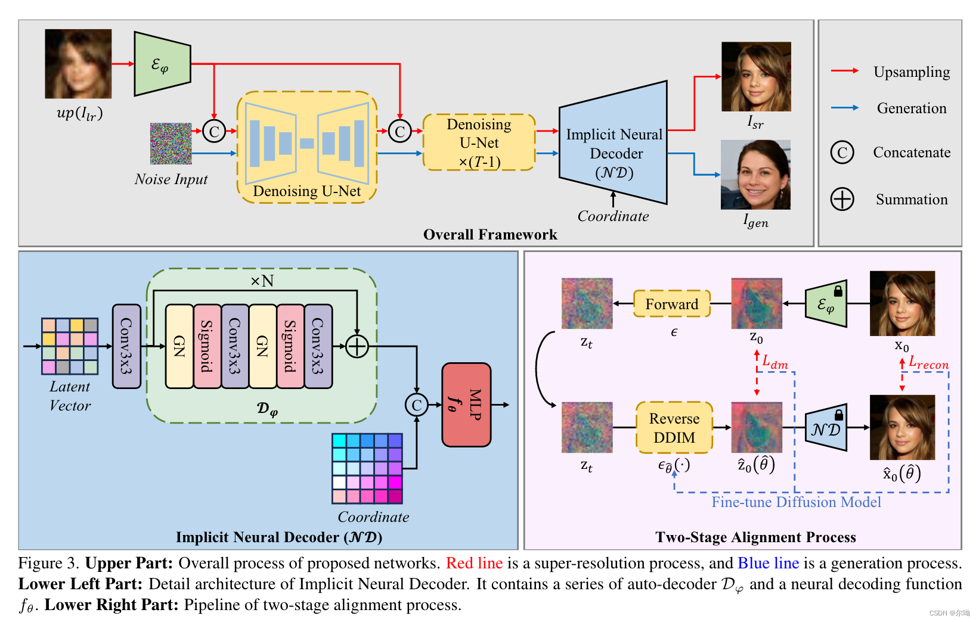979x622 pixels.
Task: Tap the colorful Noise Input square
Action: click(x=171, y=144)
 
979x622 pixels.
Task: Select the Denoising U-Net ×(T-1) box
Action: click(x=479, y=143)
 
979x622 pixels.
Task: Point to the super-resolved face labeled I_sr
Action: click(x=756, y=76)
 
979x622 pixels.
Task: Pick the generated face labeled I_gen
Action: click(x=755, y=175)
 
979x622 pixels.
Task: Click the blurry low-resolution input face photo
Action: click(x=78, y=64)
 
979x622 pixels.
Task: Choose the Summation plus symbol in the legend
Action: click(x=842, y=199)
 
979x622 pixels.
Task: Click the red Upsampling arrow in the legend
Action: click(x=844, y=71)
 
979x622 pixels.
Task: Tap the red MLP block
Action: click(x=466, y=405)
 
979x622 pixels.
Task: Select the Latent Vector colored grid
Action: click(x=70, y=346)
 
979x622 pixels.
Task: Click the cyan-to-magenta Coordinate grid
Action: click(x=367, y=469)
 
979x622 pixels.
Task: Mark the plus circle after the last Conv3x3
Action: click(x=357, y=346)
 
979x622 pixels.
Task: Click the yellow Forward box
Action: click(x=671, y=304)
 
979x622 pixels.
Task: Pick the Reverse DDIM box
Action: click(x=674, y=428)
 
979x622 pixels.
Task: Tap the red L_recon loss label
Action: click(x=928, y=363)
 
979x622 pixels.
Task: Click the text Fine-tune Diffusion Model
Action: click(x=796, y=502)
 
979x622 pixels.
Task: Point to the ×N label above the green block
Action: click(x=262, y=281)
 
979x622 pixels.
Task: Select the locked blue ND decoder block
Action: click(x=826, y=429)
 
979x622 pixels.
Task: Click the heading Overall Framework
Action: click(x=489, y=235)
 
